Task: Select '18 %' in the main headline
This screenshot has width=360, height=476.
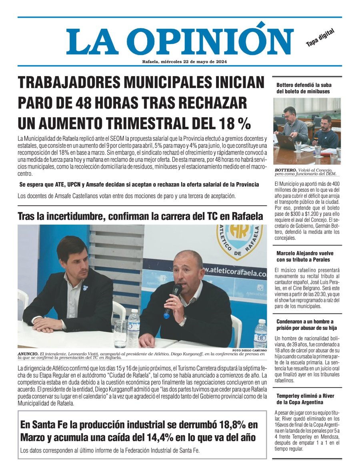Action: click(x=234, y=123)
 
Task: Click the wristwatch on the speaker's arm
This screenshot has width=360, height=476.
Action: click(x=183, y=321)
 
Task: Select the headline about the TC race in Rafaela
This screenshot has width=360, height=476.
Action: click(x=140, y=216)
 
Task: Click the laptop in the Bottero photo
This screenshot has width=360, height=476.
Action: click(x=286, y=141)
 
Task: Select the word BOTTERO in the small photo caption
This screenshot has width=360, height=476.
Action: click(x=286, y=170)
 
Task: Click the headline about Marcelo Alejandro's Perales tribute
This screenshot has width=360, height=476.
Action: click(x=305, y=256)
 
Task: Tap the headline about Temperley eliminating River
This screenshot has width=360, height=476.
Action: click(x=305, y=399)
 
